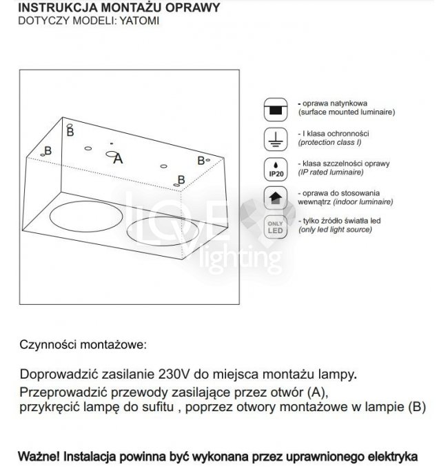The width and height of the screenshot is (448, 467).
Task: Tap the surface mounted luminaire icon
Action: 275,109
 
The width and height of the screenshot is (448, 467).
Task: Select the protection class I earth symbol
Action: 275,139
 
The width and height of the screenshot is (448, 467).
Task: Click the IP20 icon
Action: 275,169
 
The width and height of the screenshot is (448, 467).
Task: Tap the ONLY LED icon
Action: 275,227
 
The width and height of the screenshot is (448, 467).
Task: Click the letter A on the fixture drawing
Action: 117,159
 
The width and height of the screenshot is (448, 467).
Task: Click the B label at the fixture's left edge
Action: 48,151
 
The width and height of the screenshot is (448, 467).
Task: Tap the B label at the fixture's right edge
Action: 201,160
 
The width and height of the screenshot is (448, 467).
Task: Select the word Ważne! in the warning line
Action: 39,456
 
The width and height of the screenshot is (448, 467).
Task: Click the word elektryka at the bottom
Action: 393,456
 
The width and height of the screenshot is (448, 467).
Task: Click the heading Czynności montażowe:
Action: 83,344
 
